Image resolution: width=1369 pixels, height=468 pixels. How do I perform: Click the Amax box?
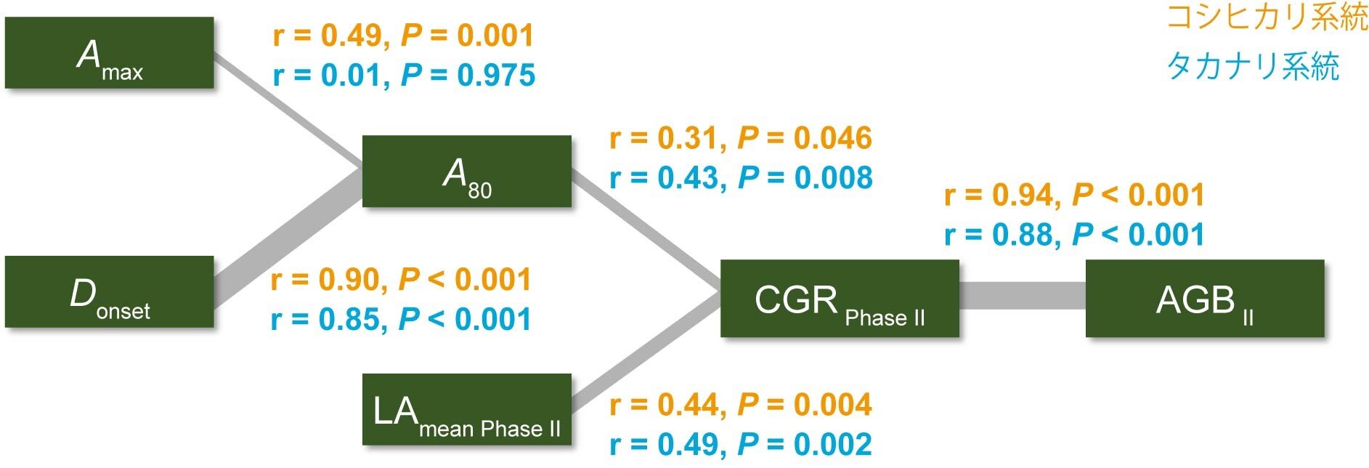110,53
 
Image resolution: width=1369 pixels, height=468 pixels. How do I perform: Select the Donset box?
110,291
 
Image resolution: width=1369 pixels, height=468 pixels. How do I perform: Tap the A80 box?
467,172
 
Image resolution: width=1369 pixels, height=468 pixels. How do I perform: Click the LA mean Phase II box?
467,409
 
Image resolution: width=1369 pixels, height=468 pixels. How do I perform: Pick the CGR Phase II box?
840,298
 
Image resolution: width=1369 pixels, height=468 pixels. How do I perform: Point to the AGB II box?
1205,298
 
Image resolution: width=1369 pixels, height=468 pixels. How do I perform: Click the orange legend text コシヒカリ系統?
1267,17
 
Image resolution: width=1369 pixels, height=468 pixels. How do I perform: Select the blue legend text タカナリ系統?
1253,66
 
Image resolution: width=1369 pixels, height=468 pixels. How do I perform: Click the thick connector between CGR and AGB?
1023,296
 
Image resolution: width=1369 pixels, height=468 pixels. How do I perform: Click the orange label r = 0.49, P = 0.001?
403,36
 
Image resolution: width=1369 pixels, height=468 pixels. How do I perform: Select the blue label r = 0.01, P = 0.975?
404,75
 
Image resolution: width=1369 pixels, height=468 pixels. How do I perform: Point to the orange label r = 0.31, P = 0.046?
741,138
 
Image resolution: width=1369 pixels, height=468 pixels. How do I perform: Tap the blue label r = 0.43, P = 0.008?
741,178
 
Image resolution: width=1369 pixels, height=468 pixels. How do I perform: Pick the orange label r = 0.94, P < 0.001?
1074,195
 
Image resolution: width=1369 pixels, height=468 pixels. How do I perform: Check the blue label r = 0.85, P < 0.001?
401,319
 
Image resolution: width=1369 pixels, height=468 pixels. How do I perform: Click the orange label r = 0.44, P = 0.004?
741,405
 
